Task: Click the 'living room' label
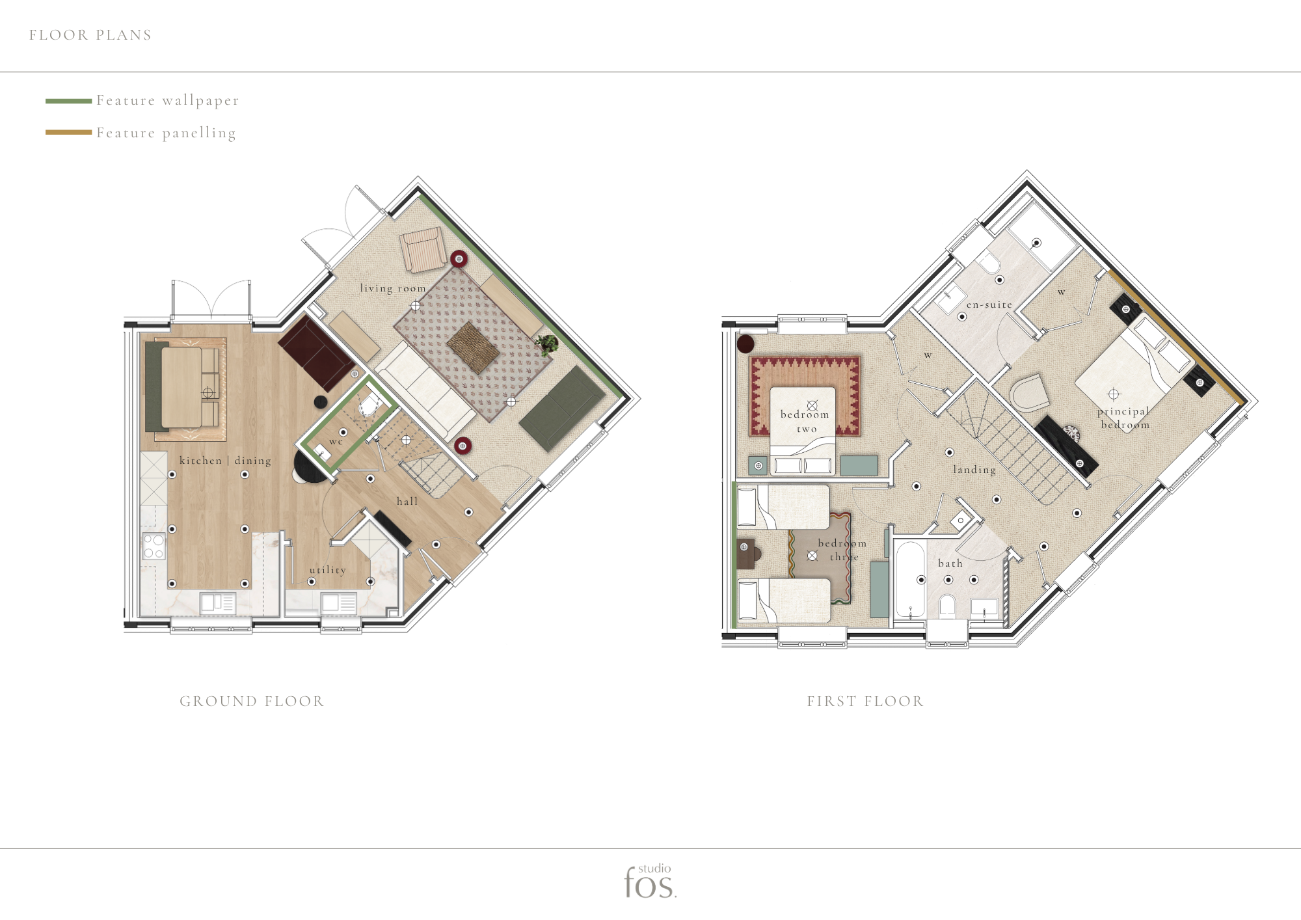393,288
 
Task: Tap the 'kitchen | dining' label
225,460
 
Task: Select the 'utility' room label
328,570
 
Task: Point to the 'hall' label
407,501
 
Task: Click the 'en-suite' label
989,304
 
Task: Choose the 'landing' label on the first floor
974,470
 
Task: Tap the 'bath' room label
950,563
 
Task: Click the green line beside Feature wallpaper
68,101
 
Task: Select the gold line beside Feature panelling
68,132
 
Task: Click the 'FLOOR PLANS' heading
90,35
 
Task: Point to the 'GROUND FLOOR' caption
252,701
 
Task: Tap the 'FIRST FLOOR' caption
865,701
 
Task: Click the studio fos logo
650,882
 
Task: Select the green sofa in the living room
562,408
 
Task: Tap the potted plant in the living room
548,344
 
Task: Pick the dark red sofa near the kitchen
317,353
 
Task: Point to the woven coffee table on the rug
474,347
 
